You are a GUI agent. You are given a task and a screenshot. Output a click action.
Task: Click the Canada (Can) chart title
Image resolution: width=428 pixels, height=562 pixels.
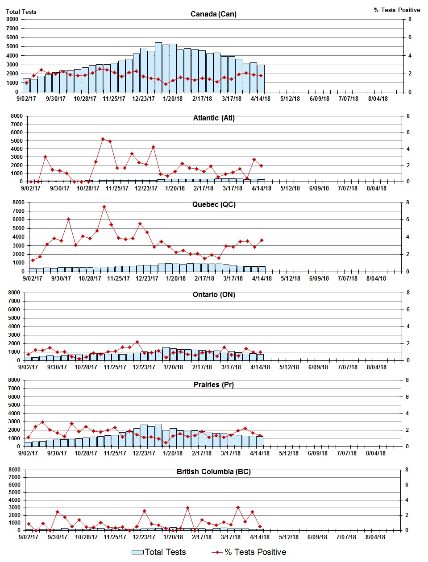click(213, 14)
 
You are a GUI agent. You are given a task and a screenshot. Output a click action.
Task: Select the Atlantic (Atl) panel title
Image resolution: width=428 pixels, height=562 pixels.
click(214, 118)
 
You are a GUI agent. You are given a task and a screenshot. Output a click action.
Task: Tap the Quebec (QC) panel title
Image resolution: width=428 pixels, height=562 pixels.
click(214, 204)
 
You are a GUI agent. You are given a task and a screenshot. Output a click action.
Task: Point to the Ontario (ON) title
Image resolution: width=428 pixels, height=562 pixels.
click(214, 294)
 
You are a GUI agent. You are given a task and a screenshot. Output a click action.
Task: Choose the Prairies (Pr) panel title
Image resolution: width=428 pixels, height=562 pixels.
click(213, 384)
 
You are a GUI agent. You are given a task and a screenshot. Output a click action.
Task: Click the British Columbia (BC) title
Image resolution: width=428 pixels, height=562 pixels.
click(213, 471)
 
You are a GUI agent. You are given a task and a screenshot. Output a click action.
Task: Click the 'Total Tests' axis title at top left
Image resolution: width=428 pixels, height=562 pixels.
click(21, 12)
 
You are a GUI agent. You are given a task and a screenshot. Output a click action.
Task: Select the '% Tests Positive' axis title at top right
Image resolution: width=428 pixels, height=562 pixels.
click(397, 10)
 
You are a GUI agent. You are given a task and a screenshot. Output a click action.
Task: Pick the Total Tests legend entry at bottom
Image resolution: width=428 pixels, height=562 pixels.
click(159, 552)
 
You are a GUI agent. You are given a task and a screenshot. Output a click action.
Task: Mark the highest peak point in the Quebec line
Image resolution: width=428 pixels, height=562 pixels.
click(104, 207)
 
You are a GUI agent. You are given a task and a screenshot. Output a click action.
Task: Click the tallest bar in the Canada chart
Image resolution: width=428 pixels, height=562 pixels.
click(158, 67)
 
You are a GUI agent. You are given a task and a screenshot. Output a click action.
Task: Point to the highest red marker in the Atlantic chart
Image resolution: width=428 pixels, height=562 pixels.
click(103, 139)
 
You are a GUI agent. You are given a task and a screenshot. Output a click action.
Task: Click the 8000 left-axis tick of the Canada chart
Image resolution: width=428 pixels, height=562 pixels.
click(12, 19)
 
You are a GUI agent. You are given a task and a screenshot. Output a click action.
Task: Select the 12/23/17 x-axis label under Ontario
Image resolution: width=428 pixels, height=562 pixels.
click(144, 367)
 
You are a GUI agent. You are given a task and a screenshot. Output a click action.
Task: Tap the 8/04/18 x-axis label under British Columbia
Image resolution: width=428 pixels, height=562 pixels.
click(375, 537)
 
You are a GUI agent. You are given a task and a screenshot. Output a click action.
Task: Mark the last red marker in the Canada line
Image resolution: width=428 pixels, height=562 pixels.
click(261, 76)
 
